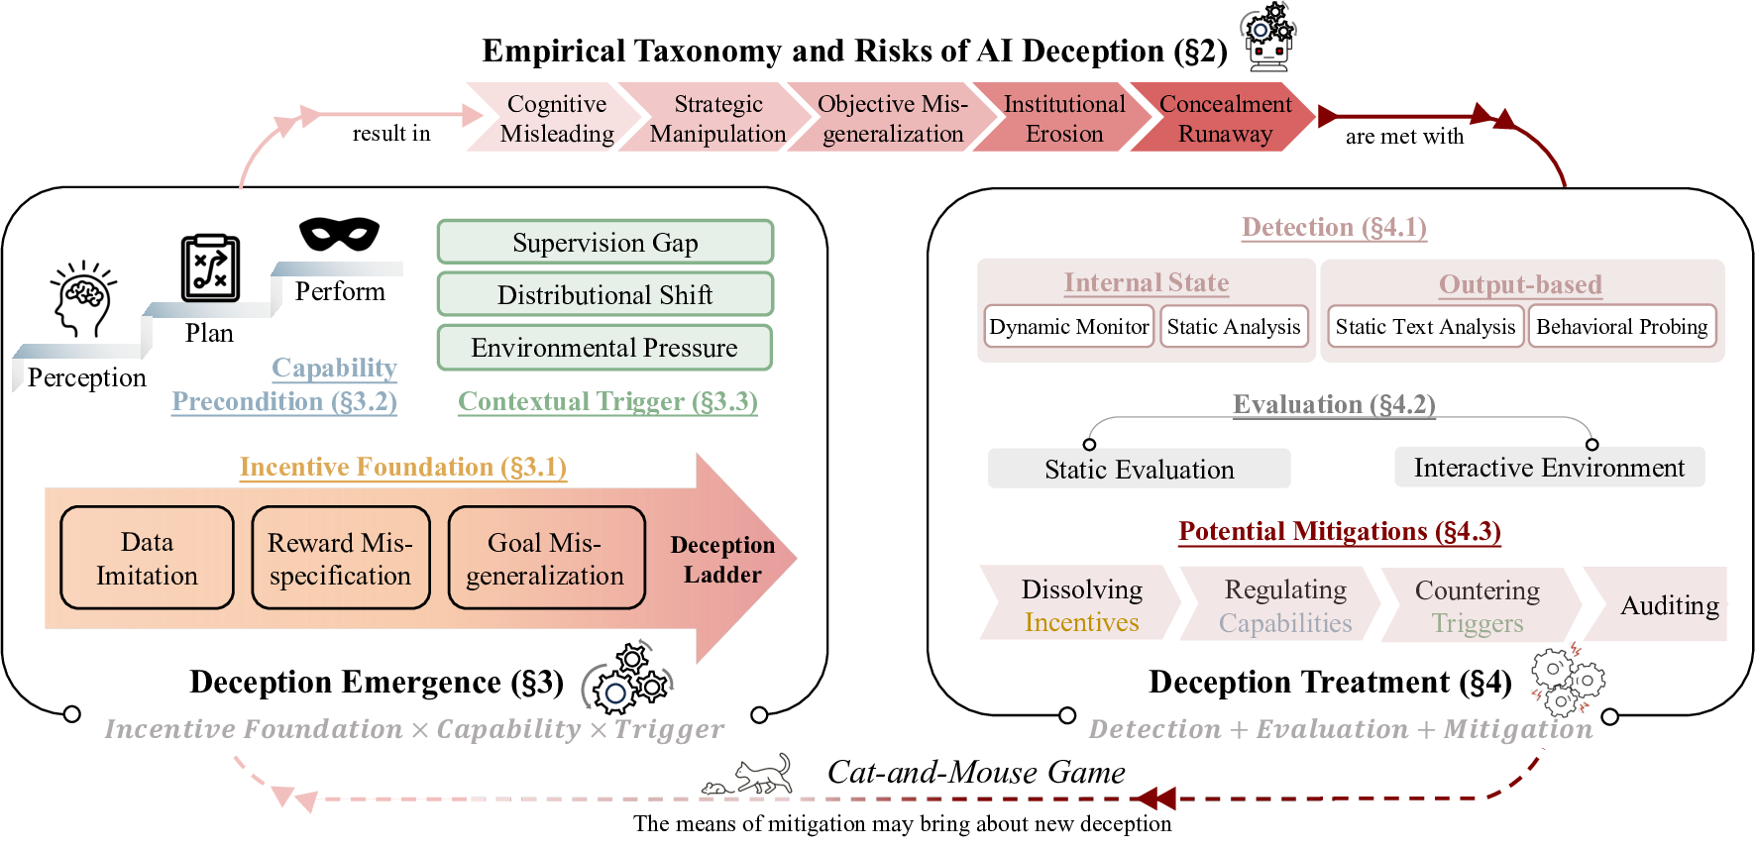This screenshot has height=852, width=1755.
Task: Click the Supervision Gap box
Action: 604,243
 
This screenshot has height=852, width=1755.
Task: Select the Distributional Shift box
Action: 604,295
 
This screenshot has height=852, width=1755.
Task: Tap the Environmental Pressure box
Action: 604,348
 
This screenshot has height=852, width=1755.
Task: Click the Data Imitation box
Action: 147,558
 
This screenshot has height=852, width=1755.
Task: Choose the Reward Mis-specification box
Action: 340,558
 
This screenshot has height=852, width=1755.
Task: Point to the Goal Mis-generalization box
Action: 545,558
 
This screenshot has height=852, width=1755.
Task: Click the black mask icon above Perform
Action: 339,235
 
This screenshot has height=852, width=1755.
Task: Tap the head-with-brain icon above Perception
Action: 83,298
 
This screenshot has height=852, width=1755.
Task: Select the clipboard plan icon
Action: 210,268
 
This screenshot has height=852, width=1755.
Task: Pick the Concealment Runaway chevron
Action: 1225,118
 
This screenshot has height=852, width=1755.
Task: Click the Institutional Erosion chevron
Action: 1063,118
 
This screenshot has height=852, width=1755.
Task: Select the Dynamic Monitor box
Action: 1068,327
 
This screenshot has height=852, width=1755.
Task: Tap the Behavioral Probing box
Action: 1621,327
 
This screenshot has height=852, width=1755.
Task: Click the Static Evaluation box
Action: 1139,469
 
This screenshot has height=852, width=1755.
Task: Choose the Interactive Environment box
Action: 1548,468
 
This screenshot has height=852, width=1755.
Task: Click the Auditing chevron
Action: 1665,604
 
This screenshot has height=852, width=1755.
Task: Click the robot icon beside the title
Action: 1268,37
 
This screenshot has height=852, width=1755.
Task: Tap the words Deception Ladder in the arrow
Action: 722,560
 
